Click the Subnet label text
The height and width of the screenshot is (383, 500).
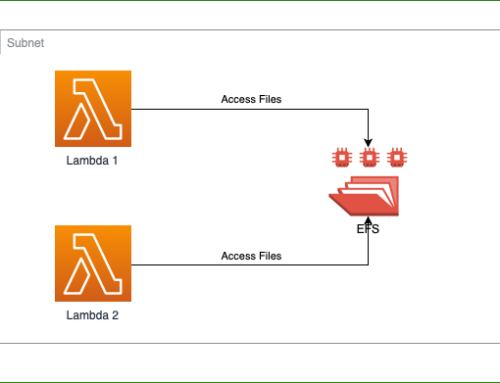25,44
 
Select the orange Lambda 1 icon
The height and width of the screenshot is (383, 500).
93,109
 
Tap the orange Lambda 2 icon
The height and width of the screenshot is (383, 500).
93,264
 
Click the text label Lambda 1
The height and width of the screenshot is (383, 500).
93,161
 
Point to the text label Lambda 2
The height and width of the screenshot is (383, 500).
93,316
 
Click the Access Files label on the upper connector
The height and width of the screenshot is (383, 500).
251,99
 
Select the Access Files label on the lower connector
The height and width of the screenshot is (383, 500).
251,255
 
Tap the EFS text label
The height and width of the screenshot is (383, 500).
368,229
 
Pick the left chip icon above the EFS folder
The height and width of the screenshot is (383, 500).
342,157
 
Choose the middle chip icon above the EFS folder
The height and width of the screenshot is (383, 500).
369,157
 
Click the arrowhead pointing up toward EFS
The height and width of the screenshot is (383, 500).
370,219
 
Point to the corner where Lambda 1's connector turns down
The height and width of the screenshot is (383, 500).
370,109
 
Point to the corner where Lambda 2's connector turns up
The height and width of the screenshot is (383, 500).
370,265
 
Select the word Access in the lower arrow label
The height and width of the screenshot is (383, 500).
238,255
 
